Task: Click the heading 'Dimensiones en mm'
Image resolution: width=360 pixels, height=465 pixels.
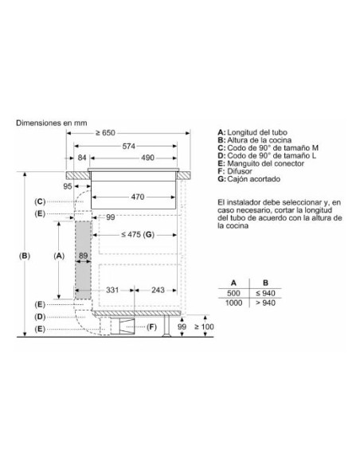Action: coord(49,124)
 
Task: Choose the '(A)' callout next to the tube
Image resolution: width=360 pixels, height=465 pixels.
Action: coord(58,256)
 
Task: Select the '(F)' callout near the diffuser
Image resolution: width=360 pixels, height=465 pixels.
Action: coord(152,327)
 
